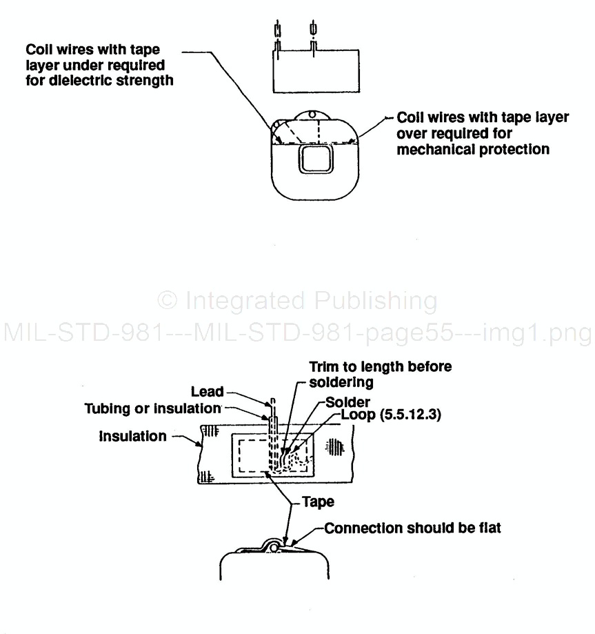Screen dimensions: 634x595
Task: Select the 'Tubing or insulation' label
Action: [152, 408]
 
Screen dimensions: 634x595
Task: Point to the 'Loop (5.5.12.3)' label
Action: [392, 416]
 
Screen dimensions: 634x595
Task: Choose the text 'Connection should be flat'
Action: [412, 528]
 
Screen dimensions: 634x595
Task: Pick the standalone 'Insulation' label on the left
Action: [132, 437]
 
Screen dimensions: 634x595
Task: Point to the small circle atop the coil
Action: [311, 115]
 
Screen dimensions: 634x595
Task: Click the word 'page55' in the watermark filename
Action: [412, 334]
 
